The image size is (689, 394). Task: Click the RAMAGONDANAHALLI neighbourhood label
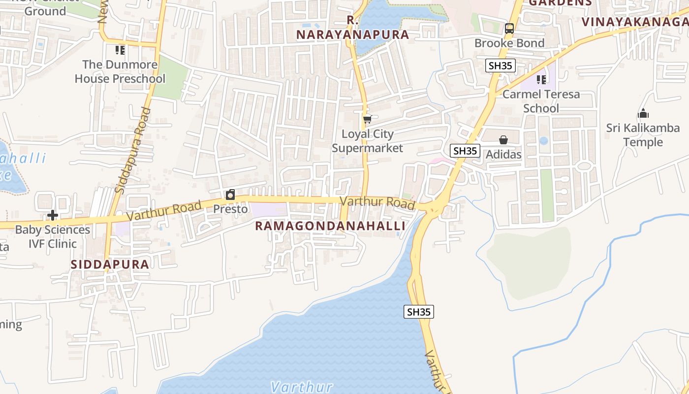pos(330,226)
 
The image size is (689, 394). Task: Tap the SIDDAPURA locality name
pos(110,264)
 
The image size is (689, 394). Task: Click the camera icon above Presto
pos(230,195)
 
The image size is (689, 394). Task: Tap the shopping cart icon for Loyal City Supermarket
pos(367,119)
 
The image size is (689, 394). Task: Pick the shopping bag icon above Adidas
pos(503,140)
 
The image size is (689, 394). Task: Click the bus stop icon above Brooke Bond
pos(509,29)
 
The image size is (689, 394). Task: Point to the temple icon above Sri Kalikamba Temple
pos(643,114)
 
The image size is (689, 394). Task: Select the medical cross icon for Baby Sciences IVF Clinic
pos(53,215)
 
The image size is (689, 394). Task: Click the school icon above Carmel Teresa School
pos(541,80)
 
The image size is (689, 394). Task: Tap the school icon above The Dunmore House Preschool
pos(120,50)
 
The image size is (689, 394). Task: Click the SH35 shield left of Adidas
pos(465,151)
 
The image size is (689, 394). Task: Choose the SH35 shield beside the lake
pos(419,312)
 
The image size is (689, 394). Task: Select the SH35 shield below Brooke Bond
pos(500,66)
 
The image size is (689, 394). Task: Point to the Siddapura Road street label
pos(132,150)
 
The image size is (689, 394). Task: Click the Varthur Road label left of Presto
pos(164,211)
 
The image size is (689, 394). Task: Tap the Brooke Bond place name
pos(509,43)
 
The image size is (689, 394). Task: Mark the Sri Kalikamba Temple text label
pos(643,135)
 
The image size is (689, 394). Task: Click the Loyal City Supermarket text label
pos(367,141)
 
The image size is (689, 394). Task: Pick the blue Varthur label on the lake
pos(302,387)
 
